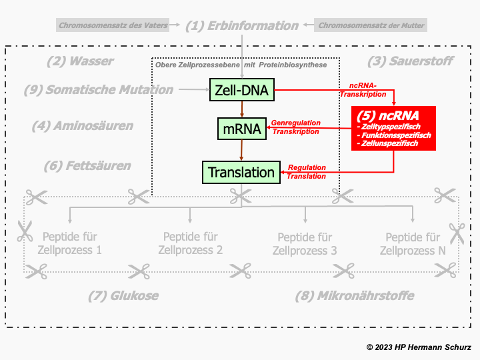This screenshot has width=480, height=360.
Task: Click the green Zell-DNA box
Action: tap(242, 89)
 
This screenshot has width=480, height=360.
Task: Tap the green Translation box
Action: tap(241, 172)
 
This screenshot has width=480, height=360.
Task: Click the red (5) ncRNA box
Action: tap(393, 128)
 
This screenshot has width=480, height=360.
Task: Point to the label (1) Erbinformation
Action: tap(241, 26)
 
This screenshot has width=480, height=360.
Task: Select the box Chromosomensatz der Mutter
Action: tap(371, 26)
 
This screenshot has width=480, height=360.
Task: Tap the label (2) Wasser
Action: tap(80, 61)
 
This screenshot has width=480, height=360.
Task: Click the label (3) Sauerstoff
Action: tap(410, 61)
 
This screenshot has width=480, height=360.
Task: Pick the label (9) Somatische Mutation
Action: tap(98, 89)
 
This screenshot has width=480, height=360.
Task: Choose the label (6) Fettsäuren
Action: tap(87, 165)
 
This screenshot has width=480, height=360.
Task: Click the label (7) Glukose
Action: tap(123, 295)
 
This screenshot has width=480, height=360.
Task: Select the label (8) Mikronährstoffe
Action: tap(355, 295)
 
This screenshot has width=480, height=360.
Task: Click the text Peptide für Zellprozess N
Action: tap(413, 243)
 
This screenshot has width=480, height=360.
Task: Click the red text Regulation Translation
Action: tap(307, 171)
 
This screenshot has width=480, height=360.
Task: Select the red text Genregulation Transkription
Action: tap(295, 127)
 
